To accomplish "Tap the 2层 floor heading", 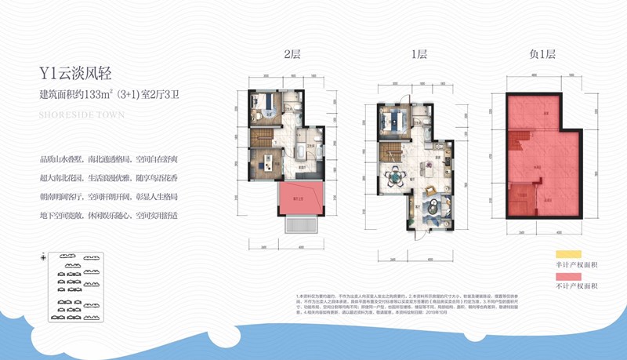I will (x=292, y=55).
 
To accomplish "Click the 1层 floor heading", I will (x=419, y=55).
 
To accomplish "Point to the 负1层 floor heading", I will (x=542, y=55).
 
